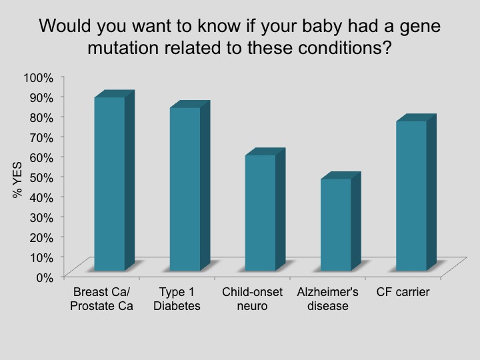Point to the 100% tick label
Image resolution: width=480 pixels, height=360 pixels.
[39, 78]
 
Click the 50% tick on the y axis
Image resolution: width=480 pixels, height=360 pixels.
[41, 178]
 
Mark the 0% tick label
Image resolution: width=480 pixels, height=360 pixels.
[45, 278]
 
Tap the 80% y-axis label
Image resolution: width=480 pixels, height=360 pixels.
[41, 118]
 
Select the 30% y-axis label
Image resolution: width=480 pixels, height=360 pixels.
[41, 218]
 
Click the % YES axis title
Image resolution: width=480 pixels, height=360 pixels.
[17, 180]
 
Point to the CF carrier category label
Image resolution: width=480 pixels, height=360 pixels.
[403, 292]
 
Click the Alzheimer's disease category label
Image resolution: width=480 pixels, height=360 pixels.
[327, 299]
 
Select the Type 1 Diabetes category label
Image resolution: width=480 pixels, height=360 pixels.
[177, 299]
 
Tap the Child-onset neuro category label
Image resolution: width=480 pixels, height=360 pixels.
[252, 299]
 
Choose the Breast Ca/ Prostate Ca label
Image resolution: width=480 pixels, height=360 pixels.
[101, 299]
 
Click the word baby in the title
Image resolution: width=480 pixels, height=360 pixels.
[322, 26]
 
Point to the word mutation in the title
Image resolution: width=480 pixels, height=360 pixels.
[123, 48]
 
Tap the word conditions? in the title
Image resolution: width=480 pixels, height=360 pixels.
[345, 48]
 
